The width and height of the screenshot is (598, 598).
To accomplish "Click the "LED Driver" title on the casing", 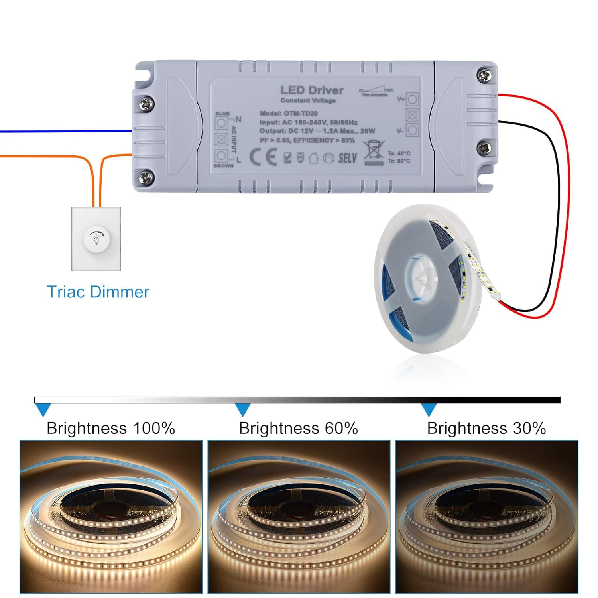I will click(312, 90).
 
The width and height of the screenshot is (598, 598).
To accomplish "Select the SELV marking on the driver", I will click(348, 158).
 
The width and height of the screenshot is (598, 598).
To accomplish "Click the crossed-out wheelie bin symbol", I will click(374, 152).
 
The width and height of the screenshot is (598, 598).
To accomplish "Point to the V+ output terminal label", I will click(401, 99).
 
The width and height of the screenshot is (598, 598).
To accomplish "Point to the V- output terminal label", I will click(399, 131).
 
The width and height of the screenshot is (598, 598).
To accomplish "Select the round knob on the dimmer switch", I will click(96, 239).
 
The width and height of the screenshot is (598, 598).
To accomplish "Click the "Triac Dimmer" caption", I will click(98, 292).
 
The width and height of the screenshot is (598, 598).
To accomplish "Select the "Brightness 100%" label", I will click(111, 428).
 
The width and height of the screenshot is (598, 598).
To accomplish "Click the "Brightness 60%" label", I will click(298, 428).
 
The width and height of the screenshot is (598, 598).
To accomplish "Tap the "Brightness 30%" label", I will click(486, 428).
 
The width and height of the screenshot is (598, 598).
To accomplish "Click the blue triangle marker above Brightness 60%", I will click(242, 409).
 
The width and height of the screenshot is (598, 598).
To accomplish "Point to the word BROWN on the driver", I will click(223, 166).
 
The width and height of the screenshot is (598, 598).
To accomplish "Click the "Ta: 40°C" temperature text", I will click(399, 153).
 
